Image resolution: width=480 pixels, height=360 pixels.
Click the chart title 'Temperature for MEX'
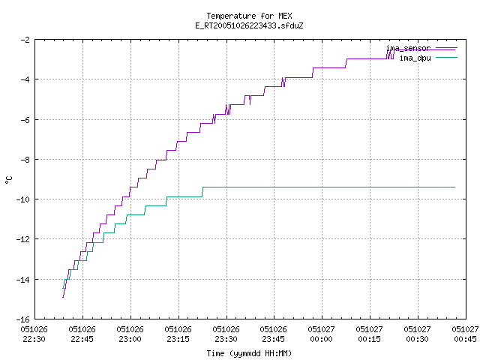coord(249,16)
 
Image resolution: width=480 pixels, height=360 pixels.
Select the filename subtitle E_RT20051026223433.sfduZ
coord(249,25)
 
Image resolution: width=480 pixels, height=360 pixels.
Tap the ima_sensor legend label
coord(409,48)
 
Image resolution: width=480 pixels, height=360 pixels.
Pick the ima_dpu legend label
coord(415,58)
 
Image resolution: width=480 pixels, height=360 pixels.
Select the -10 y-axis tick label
coord(23,199)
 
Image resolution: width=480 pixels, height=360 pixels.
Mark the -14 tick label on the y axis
coord(23,280)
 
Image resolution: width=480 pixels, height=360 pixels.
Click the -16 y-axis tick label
coord(23,319)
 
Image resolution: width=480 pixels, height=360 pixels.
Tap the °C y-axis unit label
coord(8,180)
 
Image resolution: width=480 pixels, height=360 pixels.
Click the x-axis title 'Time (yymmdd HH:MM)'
coord(249,353)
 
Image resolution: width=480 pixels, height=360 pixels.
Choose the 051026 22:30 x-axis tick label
coord(34,334)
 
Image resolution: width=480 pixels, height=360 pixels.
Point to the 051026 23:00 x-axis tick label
coord(130,334)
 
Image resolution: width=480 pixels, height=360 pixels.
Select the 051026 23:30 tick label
coord(226,334)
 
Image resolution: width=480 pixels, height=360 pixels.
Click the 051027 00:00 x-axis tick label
coord(321,334)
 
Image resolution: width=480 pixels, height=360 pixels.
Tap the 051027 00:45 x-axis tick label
coord(465,334)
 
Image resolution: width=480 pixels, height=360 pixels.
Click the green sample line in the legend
coord(446,57)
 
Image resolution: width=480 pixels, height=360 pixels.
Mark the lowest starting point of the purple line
coord(63,297)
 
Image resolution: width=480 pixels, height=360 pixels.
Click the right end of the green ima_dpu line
coord(455,187)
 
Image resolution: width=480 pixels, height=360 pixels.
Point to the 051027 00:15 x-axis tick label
coord(369,334)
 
